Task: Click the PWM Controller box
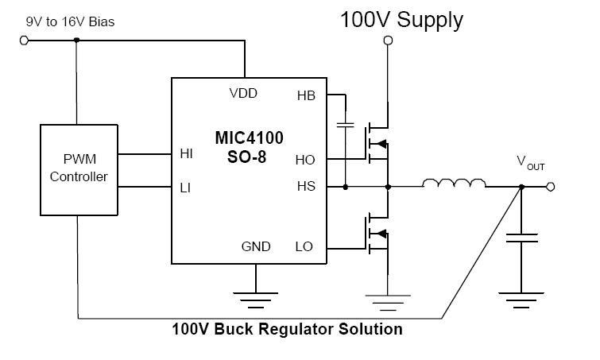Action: pos(78,168)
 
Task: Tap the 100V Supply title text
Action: pos(401,20)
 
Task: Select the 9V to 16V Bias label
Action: pos(69,21)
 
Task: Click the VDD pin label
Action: pos(242,93)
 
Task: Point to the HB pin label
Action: pos(305,95)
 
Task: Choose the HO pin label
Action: pos(305,159)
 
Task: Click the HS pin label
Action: pos(305,186)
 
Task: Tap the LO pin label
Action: pos(304,246)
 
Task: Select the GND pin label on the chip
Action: pos(255,246)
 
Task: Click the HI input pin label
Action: pos(187,154)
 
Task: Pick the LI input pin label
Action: pos(186,188)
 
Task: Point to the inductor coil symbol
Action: pos(454,185)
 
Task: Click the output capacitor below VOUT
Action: pos(521,239)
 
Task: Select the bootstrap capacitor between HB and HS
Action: pos(346,125)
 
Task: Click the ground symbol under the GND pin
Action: pos(255,300)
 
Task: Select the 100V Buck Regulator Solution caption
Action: pos(287,329)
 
